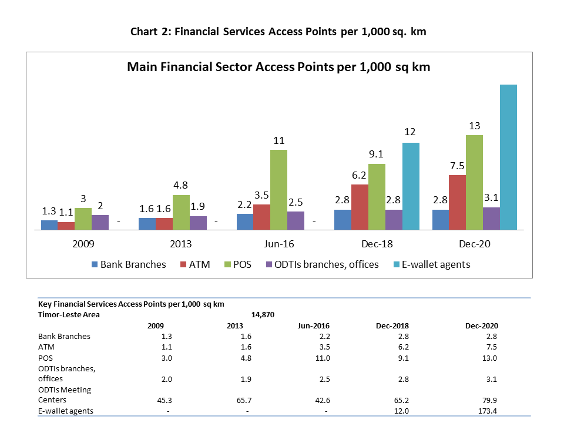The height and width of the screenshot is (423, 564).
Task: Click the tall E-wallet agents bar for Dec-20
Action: coord(508,157)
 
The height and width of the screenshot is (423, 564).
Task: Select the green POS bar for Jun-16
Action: coord(278,190)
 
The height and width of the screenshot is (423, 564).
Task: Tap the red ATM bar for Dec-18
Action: coord(360,207)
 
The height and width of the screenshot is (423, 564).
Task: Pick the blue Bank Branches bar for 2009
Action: coord(49,225)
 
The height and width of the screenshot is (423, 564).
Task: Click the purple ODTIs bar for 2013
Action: coord(198,223)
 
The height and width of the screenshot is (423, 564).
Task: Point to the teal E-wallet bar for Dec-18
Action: coord(411,186)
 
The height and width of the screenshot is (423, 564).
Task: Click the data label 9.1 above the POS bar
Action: coord(376,154)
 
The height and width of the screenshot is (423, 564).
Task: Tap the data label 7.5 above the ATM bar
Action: coord(457,166)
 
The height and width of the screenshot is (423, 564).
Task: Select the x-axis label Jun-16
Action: coord(278,244)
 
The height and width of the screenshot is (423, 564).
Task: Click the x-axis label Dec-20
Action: coord(475,244)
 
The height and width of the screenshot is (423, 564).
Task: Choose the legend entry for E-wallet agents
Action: coord(432,265)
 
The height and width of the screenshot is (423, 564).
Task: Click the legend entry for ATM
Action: coord(195,265)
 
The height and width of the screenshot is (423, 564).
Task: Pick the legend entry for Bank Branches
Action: coord(129,265)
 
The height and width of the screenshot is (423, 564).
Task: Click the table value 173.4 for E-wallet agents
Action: coord(488,411)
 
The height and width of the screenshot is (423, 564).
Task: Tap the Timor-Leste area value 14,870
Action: coord(263,315)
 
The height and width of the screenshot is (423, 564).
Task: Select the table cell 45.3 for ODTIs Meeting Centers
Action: coord(164,400)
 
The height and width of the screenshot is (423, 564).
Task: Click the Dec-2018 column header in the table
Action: coord(392,326)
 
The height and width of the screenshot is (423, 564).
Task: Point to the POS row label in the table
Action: coord(45,358)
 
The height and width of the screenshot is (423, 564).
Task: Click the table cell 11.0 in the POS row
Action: coord(323,358)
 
